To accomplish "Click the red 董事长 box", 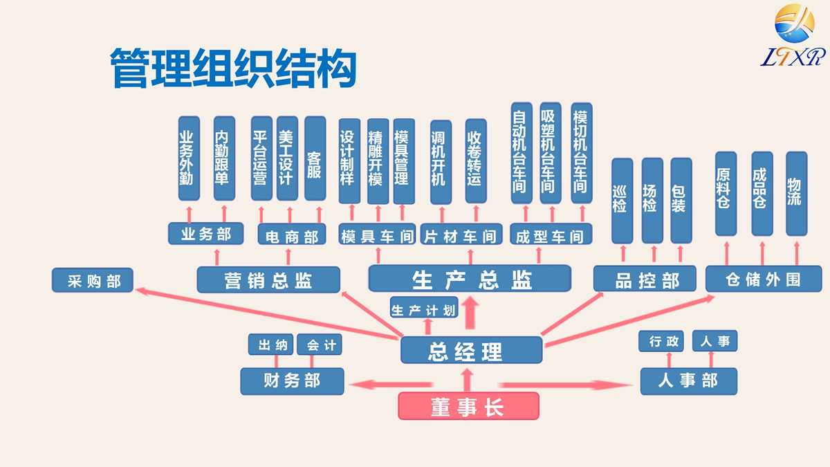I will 468,406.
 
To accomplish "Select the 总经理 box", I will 471,350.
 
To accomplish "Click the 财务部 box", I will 292,381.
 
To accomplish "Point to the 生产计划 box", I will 424,309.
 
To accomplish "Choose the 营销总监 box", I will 268,280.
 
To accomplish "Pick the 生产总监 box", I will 470,279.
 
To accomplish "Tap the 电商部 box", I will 291,235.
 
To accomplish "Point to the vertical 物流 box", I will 796,193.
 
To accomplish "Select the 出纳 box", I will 271,345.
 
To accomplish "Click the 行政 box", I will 665,341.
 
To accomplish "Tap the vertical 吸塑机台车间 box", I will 550,153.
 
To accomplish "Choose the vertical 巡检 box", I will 622,200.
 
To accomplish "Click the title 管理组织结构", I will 234,68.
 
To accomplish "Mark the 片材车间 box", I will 460,235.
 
